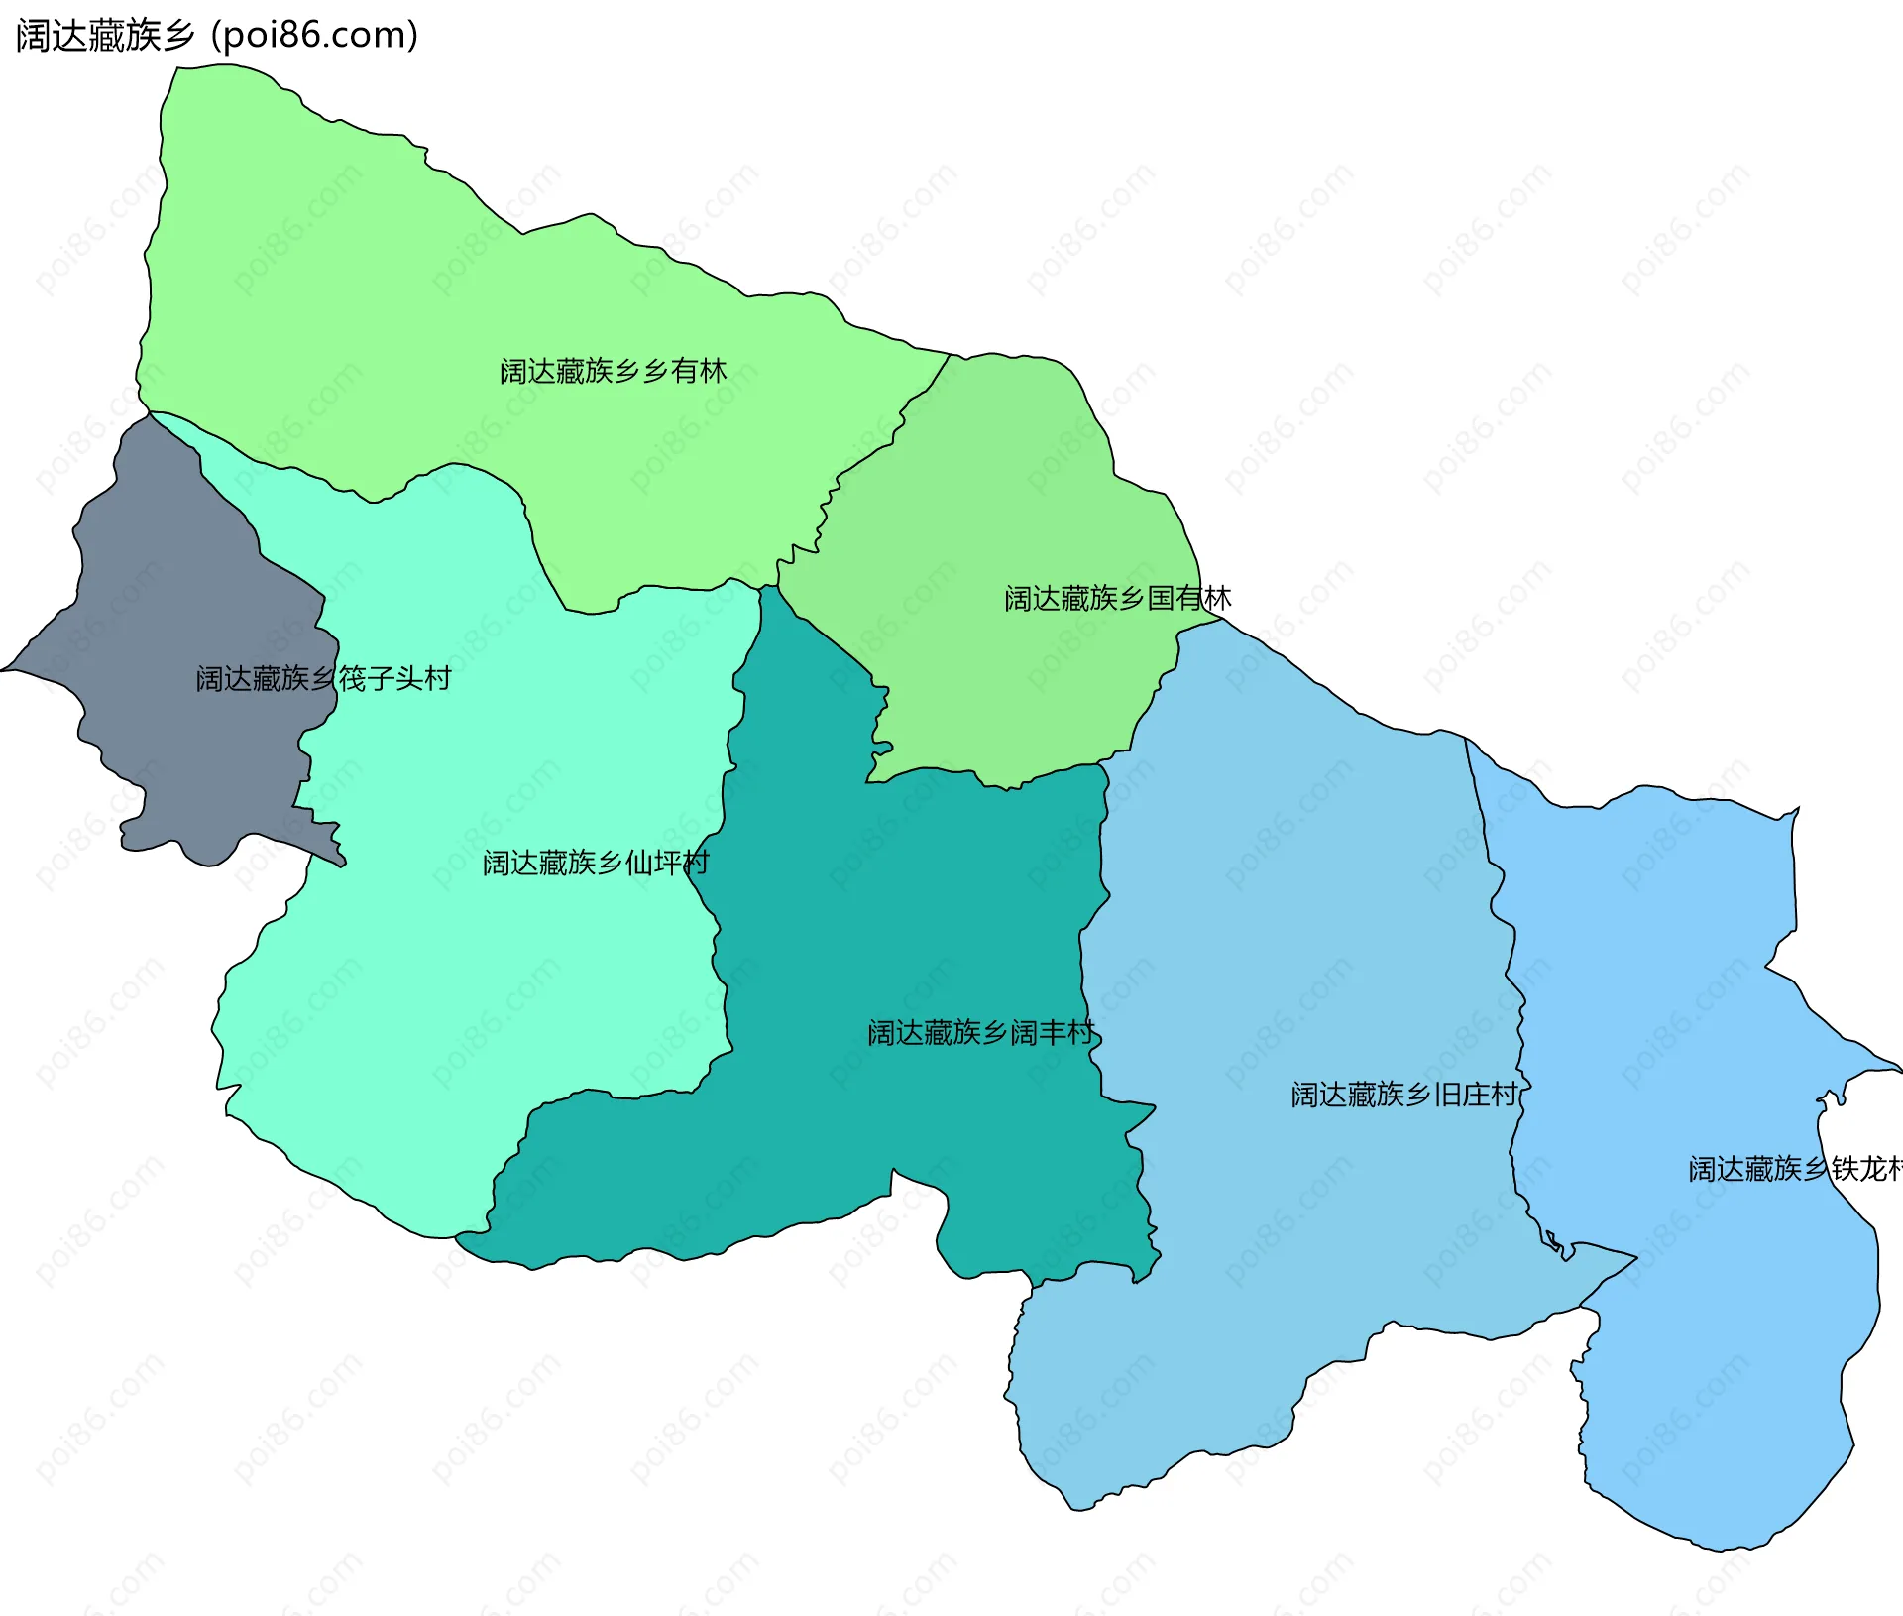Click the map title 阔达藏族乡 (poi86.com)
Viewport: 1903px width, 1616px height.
click(x=216, y=36)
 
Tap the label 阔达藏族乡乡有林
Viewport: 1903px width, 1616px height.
click(x=613, y=371)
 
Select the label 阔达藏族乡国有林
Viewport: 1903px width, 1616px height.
click(x=1117, y=598)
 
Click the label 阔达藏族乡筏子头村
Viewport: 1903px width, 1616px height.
click(x=323, y=678)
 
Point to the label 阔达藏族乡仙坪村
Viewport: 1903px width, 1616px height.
click(x=595, y=863)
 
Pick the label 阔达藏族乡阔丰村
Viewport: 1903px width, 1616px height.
click(x=981, y=1033)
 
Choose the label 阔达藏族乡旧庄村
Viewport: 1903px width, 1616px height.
click(x=1403, y=1095)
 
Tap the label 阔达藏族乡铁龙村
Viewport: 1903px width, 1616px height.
click(x=1794, y=1169)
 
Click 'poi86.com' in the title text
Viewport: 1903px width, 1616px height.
click(x=315, y=36)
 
